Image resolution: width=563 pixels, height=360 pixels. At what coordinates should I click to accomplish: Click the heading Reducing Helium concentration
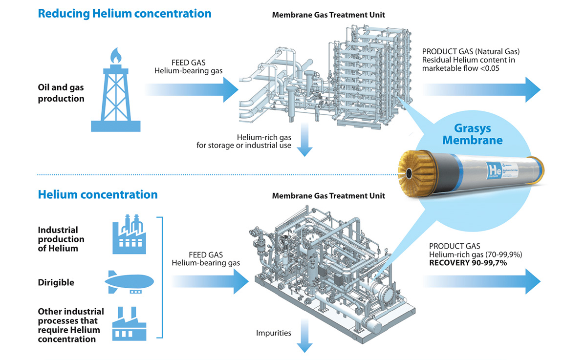coord(125,13)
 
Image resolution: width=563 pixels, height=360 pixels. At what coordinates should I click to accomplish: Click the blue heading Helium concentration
coord(98,194)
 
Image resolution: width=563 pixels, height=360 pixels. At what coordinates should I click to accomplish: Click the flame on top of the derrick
coord(115,55)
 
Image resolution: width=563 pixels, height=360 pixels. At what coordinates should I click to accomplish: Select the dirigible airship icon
coord(130,282)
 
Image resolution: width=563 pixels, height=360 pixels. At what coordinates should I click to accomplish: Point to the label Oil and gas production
coord(61,93)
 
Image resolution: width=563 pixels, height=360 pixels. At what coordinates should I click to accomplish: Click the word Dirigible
coord(56,282)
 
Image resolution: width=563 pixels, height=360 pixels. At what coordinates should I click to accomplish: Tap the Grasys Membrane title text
coord(472,135)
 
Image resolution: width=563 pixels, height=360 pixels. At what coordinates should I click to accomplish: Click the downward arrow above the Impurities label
coord(304,337)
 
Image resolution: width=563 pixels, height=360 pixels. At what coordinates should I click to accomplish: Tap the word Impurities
coord(274,333)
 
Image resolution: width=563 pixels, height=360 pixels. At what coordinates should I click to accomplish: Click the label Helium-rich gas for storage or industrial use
coord(243,141)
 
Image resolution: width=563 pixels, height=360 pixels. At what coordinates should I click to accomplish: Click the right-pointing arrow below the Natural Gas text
coord(481,89)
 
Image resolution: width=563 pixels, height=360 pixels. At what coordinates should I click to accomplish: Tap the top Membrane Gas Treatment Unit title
coord(328,15)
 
